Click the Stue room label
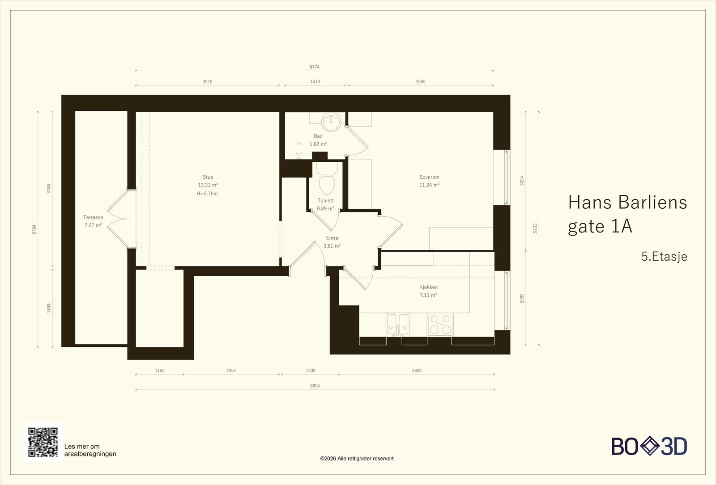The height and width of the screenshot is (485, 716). pos(208,177)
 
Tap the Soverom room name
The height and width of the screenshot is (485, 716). pos(429,177)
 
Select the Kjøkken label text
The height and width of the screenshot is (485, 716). pos(428,287)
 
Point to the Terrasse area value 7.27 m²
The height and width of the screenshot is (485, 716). pos(93,225)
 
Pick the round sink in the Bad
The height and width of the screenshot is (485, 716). pos(331,122)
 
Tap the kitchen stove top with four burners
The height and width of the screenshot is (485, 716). pos(440,325)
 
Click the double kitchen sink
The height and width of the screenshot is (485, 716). pos(397,325)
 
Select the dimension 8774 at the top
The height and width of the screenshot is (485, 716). pos(314,67)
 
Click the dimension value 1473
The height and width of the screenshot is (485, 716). pos(315,82)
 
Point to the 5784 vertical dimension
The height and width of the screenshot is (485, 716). pos(34,229)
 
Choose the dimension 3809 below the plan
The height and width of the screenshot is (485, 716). pos(417,371)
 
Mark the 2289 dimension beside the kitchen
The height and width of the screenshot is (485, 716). pos(522,298)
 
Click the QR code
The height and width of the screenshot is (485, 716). pos(43,442)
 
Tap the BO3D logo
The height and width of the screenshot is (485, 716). pos(649,446)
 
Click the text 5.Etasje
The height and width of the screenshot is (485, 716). pos(664,257)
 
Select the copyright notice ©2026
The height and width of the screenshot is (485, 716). pos(357,459)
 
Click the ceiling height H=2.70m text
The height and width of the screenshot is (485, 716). pos(207,194)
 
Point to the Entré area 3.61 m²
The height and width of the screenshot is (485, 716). pos(332,246)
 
